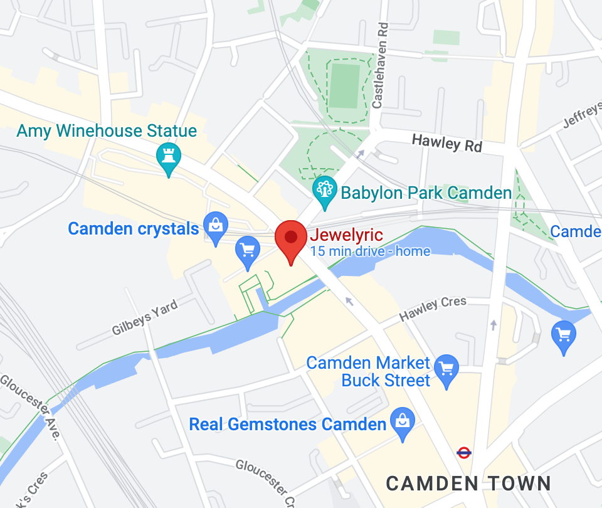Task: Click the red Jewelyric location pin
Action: [x=291, y=241]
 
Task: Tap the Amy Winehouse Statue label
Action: [x=107, y=131]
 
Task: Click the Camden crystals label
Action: [x=133, y=229]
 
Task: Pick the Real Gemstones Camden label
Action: [x=288, y=425]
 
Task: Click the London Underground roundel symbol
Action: [x=464, y=452]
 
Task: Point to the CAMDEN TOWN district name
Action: [x=468, y=484]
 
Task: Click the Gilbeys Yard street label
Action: [x=145, y=318]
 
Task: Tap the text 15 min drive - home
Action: [x=370, y=252]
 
